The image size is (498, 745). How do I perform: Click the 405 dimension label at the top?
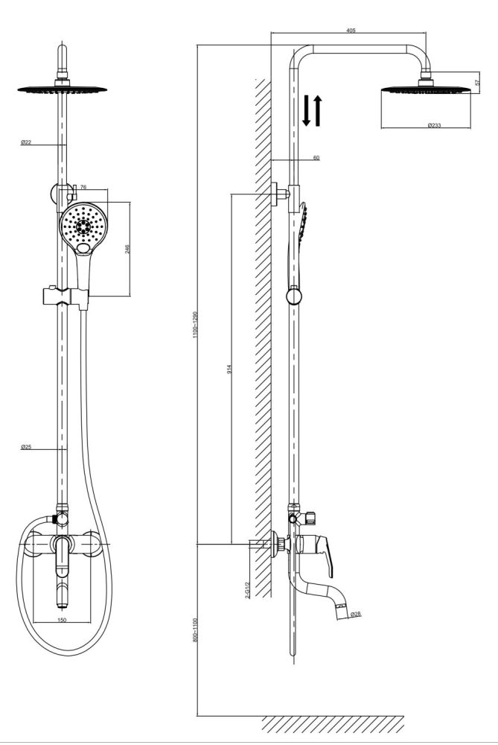(x=351, y=31)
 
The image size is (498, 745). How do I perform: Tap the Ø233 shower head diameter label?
(x=435, y=125)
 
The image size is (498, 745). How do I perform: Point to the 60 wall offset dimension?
(x=316, y=158)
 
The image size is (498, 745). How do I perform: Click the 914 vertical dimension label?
(x=230, y=369)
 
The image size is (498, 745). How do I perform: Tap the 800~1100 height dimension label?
(x=196, y=630)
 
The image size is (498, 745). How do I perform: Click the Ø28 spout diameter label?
(x=355, y=615)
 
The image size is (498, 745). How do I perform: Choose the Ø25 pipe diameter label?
(x=26, y=448)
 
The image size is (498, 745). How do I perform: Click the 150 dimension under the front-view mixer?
(x=61, y=619)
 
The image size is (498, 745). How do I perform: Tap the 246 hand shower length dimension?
(x=127, y=249)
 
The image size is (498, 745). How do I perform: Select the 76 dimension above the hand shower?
(x=83, y=188)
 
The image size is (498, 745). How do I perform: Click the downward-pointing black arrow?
(x=306, y=112)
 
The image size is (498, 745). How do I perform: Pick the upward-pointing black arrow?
(x=318, y=110)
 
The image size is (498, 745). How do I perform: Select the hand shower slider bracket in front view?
(x=66, y=297)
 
